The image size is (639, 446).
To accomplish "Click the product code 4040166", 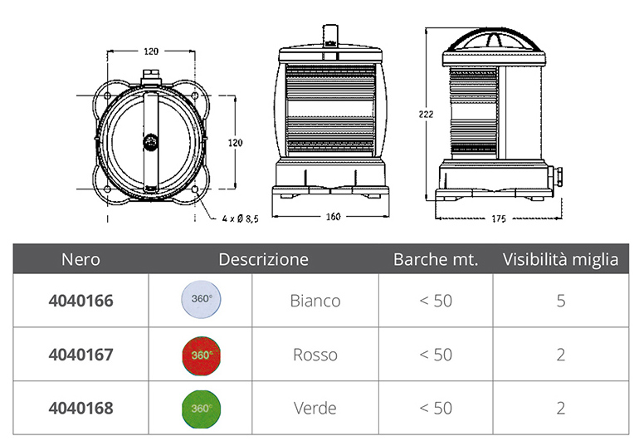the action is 80,301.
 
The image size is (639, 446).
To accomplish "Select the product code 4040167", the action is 80,355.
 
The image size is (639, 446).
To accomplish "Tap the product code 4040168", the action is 80,408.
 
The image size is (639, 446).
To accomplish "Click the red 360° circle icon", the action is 202,355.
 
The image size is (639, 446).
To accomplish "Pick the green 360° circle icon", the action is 202,409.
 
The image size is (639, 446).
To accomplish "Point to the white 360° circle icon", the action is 202,299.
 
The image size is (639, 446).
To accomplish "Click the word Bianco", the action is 315,301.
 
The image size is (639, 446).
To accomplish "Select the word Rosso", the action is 315,355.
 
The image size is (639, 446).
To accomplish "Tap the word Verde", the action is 315,408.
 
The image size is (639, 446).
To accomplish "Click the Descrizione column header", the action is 263,259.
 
